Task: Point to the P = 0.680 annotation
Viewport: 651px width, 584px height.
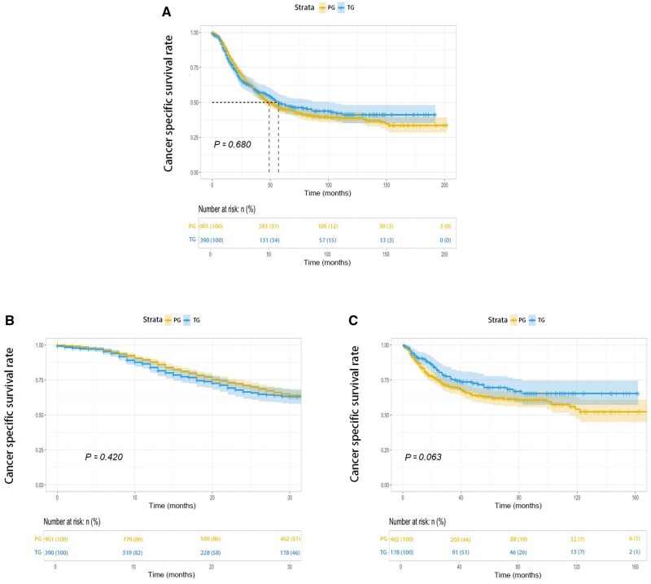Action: point(233,144)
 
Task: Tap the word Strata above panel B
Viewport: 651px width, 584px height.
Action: point(141,321)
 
